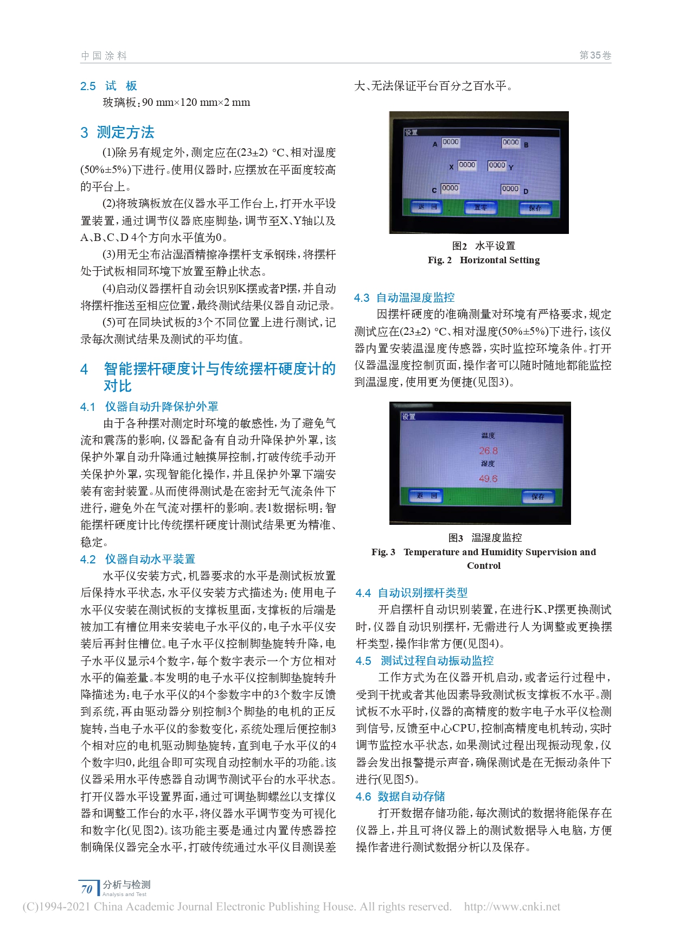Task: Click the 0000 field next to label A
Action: [x=450, y=142]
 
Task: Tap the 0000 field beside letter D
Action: [x=510, y=189]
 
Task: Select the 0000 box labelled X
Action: [x=466, y=165]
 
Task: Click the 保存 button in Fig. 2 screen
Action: [x=535, y=208]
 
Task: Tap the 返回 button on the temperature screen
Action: [x=426, y=496]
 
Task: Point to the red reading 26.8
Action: [x=488, y=450]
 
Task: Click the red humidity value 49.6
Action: [x=488, y=479]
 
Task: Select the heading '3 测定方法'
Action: [x=118, y=132]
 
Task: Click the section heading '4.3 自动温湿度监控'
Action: [x=404, y=297]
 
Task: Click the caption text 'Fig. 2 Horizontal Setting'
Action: [x=483, y=260]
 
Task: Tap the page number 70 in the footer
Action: [x=87, y=889]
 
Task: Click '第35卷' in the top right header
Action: [x=595, y=55]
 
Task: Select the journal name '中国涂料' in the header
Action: [x=104, y=55]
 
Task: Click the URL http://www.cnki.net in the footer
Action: [x=512, y=907]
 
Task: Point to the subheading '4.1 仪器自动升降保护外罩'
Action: [x=149, y=407]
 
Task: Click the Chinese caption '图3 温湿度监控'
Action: [x=484, y=537]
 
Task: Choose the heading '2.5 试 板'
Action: [x=108, y=86]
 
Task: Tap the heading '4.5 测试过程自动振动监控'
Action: [x=425, y=661]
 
